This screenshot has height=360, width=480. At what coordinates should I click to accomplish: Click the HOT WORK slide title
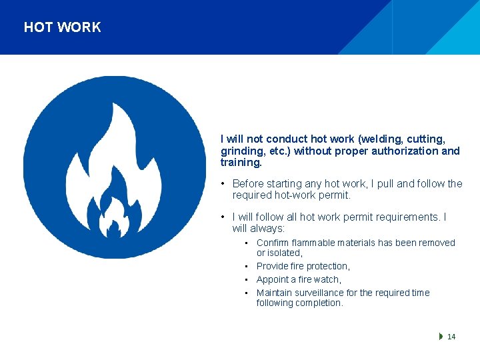(62, 27)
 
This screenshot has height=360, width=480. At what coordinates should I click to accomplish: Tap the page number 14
(451, 337)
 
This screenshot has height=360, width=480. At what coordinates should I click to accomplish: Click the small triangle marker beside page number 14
(441, 337)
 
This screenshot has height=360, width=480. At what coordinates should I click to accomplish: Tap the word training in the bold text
(240, 163)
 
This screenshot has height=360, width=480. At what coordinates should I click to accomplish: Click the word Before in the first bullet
(249, 184)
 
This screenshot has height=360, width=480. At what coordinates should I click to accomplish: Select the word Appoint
(273, 280)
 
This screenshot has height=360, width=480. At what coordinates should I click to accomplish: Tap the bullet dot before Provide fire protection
(247, 267)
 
